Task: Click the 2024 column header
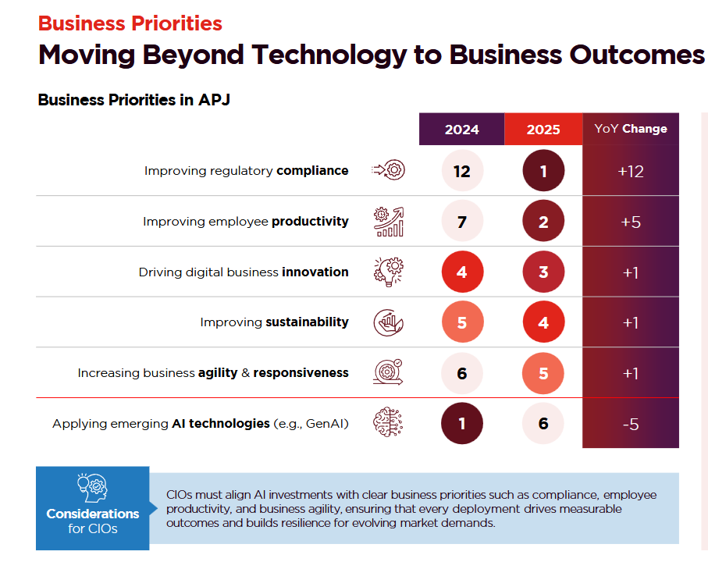click(x=461, y=130)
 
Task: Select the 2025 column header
click(x=543, y=130)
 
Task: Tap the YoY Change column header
click(x=631, y=129)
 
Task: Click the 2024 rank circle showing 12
click(x=461, y=171)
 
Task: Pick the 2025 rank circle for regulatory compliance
click(x=543, y=171)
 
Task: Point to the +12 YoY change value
click(x=631, y=171)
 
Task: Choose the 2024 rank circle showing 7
click(x=461, y=222)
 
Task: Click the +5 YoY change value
click(x=631, y=222)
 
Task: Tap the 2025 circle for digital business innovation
click(x=543, y=272)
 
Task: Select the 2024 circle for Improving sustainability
click(x=461, y=322)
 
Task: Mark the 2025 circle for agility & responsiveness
click(x=543, y=373)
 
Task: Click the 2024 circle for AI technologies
click(x=461, y=424)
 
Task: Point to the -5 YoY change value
click(x=631, y=424)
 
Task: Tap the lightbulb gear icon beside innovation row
click(x=389, y=272)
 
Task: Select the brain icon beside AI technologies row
click(x=389, y=424)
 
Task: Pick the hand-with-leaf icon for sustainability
click(x=389, y=322)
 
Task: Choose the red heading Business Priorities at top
click(x=130, y=23)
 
